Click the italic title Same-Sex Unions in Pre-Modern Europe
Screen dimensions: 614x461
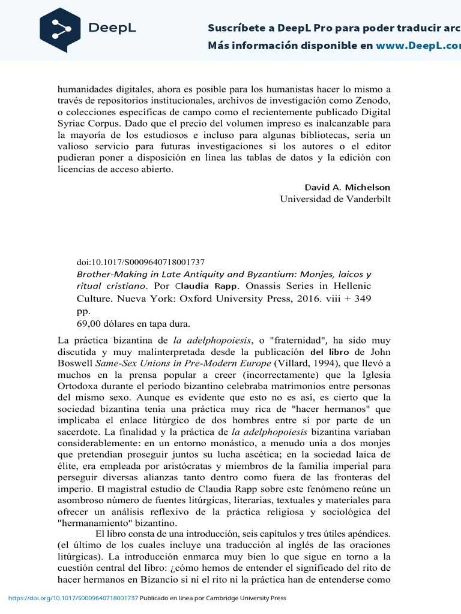click(184, 363)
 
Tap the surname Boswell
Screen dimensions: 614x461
click(75, 363)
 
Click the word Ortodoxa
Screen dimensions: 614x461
click(79, 386)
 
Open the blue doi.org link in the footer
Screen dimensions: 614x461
click(73, 598)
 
